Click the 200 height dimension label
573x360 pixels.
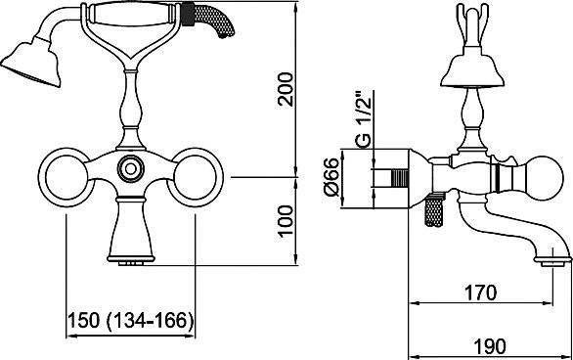286,90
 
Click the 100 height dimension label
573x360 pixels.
286,221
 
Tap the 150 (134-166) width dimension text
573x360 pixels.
130,321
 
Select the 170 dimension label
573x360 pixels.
480,292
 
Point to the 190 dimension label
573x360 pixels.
490,346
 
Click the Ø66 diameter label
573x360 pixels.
332,177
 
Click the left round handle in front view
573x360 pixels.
66,178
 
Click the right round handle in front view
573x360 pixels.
196,178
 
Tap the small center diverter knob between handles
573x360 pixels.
130,169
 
